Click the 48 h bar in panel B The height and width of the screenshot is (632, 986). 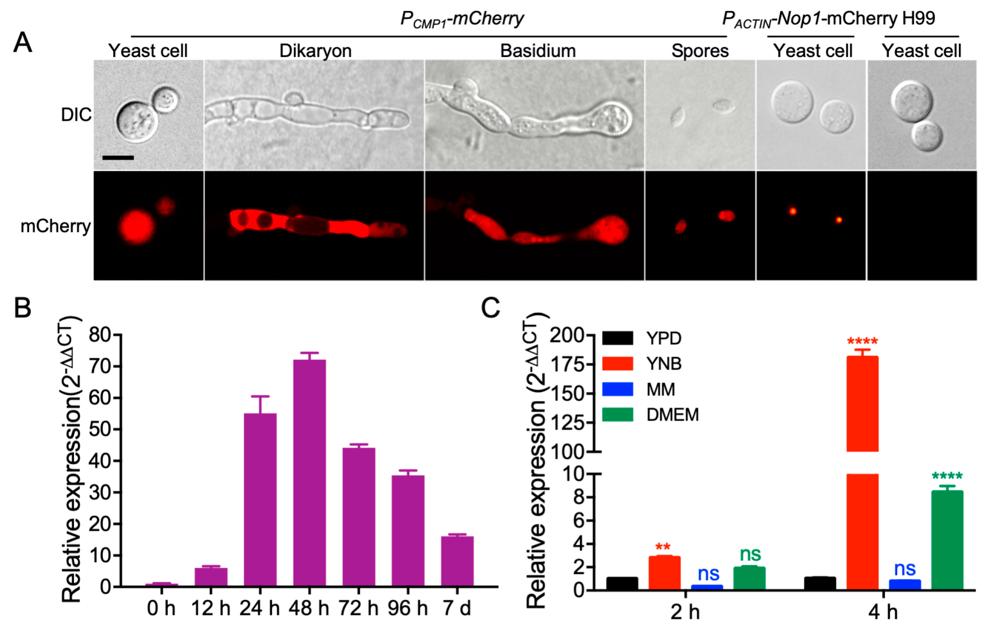309,473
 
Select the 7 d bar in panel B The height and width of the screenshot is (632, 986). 457,561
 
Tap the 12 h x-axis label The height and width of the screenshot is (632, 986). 211,608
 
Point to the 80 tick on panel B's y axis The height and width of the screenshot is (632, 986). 100,335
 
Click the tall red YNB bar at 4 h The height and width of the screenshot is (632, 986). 862,403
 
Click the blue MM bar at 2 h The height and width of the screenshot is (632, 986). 707,587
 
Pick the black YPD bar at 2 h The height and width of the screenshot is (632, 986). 622,583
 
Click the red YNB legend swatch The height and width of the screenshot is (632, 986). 617,363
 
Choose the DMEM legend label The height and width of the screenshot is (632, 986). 673,414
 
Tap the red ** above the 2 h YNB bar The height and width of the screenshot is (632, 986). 663,547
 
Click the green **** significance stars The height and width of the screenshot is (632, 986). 947,476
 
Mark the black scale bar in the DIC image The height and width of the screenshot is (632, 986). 118,157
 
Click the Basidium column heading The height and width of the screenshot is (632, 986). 537,51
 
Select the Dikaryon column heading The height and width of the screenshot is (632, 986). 315,51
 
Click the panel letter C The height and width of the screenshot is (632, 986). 491,308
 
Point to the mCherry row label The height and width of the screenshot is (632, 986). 56,226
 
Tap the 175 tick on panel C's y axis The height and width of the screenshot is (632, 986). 567,364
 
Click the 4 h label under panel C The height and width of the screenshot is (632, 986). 882,612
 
